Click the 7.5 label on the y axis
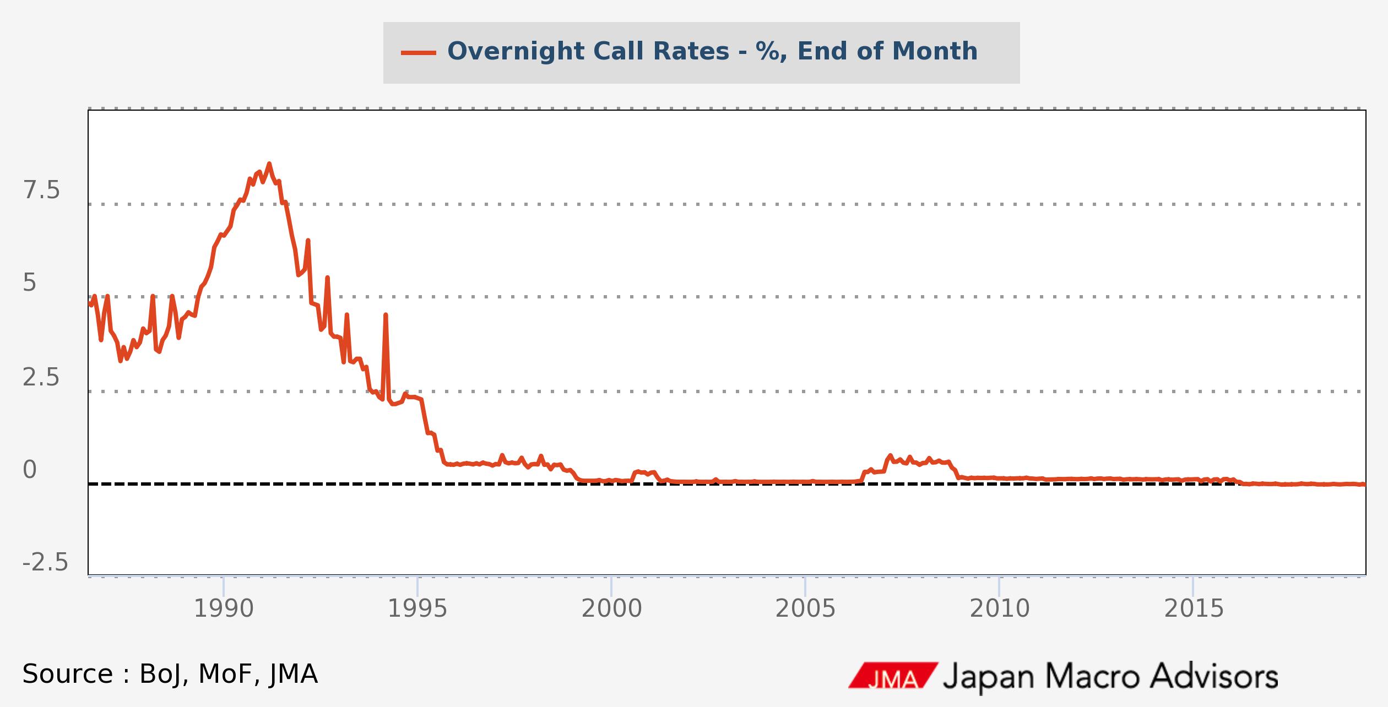[41, 191]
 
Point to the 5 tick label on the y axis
[30, 283]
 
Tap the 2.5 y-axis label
[41, 378]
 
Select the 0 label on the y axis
[30, 470]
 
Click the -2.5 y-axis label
[45, 563]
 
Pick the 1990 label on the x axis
[224, 609]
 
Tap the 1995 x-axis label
[418, 609]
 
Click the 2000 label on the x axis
[611, 609]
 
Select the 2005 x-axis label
[805, 609]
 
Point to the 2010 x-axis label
[999, 609]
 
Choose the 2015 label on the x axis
[1194, 609]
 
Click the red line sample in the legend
[419, 53]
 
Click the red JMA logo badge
[892, 675]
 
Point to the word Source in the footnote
[68, 675]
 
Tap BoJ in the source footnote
[161, 675]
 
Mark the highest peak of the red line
[269, 164]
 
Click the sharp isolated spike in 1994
[386, 316]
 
